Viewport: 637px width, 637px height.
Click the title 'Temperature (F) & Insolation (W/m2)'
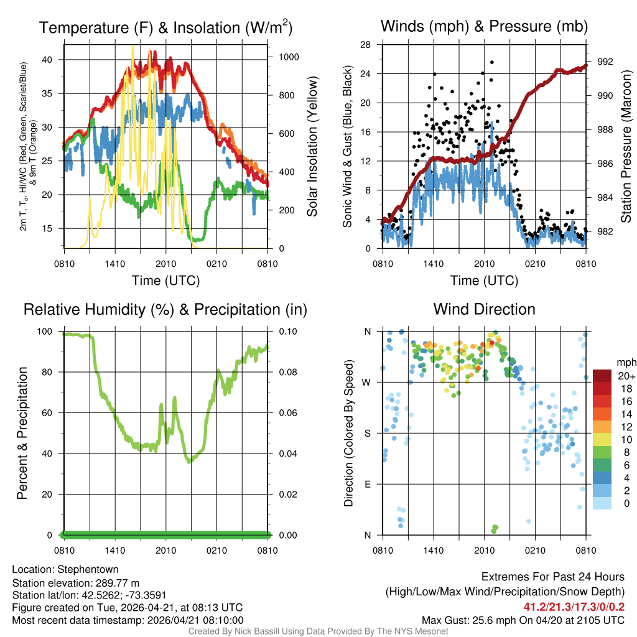(x=165, y=28)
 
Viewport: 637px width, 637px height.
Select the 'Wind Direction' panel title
(x=484, y=309)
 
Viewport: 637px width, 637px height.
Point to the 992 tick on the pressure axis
(x=605, y=62)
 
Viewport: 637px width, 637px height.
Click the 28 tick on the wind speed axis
(x=366, y=44)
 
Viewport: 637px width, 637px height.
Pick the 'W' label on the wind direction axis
(x=367, y=382)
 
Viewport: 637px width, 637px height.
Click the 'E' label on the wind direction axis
(x=368, y=484)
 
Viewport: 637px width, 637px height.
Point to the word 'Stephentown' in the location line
(x=88, y=569)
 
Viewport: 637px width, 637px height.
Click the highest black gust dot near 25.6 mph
(x=491, y=62)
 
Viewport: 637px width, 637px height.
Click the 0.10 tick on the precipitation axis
(x=287, y=332)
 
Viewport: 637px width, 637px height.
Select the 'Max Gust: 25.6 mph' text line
(x=523, y=620)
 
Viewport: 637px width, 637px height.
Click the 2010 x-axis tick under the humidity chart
(x=165, y=550)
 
